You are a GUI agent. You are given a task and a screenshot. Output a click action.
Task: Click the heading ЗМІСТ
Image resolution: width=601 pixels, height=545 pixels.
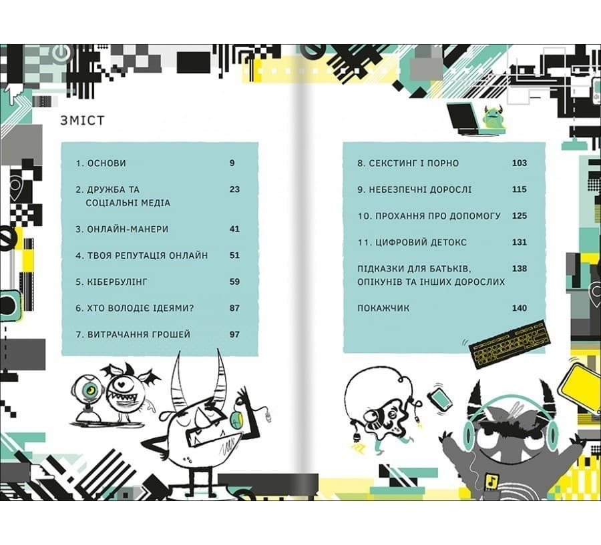pos(82,120)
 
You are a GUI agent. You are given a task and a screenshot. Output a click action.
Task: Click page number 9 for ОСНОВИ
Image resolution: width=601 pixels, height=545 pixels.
pos(232,163)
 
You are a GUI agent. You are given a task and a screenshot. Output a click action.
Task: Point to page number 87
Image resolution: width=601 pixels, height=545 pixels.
pos(234,308)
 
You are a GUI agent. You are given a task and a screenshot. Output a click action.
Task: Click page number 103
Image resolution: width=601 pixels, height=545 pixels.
pos(520,163)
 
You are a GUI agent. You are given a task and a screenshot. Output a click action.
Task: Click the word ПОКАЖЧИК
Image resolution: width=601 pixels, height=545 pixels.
pos(383,308)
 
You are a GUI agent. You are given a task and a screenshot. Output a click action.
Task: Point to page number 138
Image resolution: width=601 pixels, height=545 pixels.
pos(520,268)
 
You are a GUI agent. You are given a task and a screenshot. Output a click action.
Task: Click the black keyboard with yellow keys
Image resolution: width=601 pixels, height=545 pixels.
pos(510,344)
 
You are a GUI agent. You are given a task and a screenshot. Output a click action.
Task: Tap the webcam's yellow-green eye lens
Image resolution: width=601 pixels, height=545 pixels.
pos(91,390)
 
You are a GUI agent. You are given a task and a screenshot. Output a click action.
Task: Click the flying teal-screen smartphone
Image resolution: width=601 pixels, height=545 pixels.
pos(439,400)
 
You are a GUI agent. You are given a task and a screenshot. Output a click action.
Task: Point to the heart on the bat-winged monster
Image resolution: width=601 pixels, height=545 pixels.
pos(121,383)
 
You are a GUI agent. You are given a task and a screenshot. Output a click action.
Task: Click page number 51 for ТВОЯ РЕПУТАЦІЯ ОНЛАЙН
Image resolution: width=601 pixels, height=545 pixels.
pos(234,255)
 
